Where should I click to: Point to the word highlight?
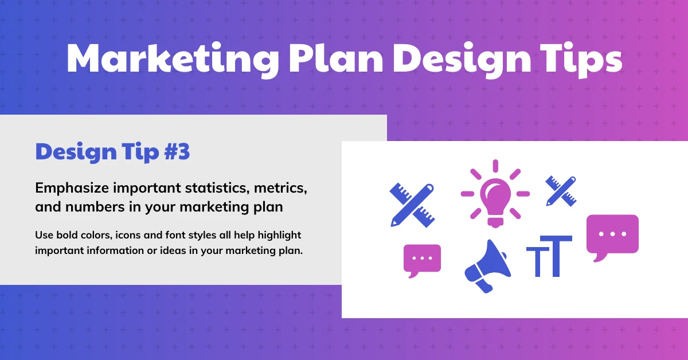(279, 236)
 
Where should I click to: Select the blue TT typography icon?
(549, 256)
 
